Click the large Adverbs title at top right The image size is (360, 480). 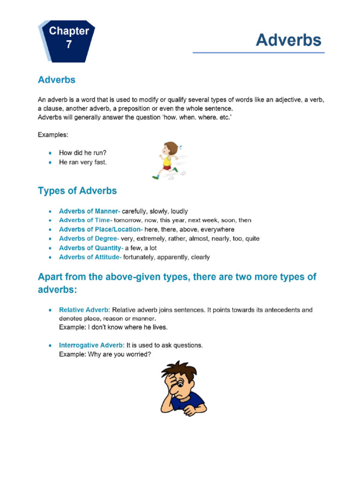pos(288,40)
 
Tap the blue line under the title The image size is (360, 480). pos(258,53)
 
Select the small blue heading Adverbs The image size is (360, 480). pos(56,80)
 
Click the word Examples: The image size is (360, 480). pos(53,135)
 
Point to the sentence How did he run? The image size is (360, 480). pos(82,153)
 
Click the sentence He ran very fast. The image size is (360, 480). pos(82,162)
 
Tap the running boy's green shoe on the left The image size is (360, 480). pos(155,177)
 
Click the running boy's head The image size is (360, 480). pos(171,149)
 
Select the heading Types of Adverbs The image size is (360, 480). pos(77,191)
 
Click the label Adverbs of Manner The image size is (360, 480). pos(89,211)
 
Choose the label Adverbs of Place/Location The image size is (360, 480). pos(100,230)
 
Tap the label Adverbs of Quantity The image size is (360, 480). pos(90,248)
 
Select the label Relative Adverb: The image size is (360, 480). pos(84,310)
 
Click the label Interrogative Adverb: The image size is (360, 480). pos(90,345)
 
